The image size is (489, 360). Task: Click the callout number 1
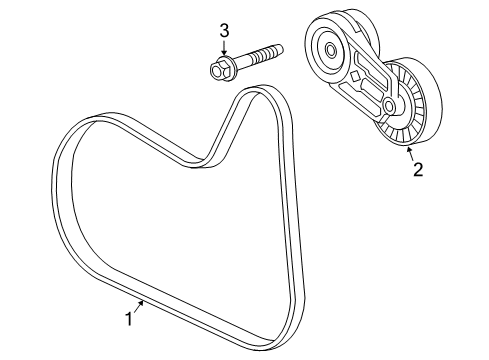point(128,319)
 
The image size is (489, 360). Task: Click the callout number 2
point(418,170)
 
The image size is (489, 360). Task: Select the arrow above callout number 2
point(409,150)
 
